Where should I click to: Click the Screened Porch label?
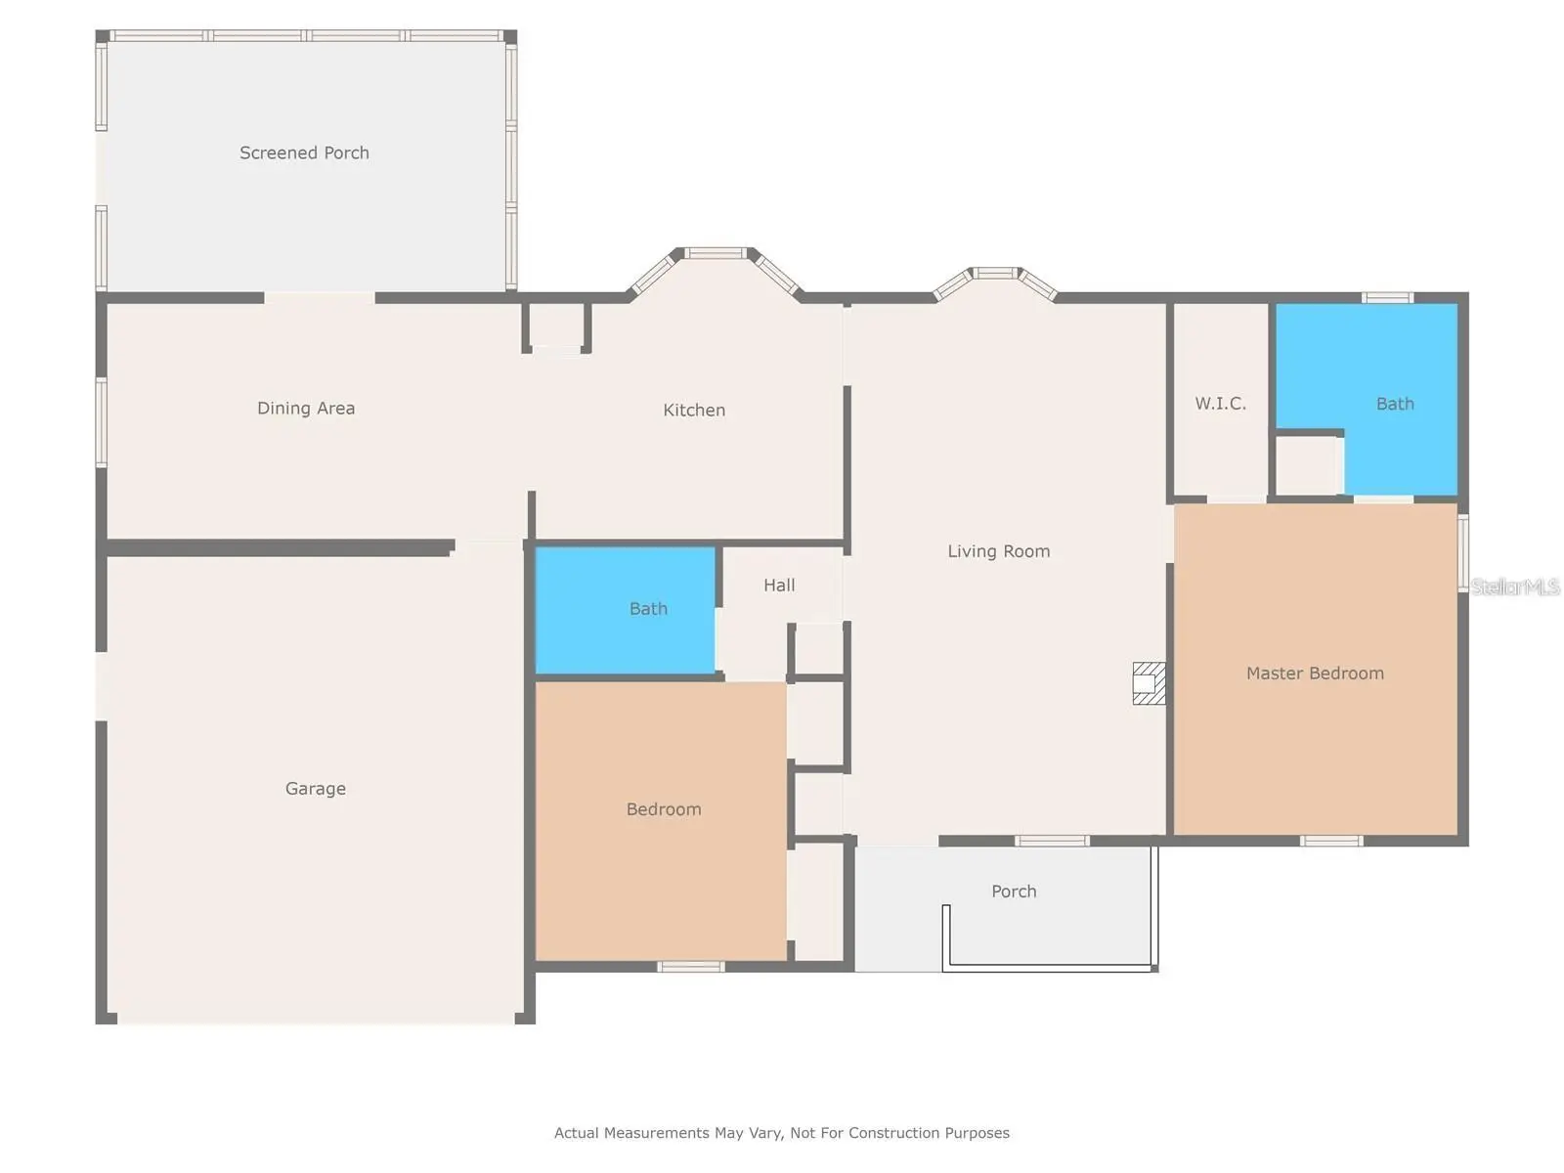[x=304, y=153]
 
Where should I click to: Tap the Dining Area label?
[x=306, y=408]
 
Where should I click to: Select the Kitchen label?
[x=694, y=411]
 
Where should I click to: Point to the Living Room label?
[x=998, y=551]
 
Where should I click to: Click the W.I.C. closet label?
[x=1221, y=404]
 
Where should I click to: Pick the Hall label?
[x=779, y=586]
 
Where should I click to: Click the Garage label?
[x=316, y=789]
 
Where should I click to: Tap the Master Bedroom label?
[x=1315, y=673]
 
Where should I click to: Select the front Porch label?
[x=1014, y=891]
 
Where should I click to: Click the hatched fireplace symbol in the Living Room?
[x=1149, y=683]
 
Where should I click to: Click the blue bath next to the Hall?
[x=625, y=610]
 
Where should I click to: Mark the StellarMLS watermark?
[x=1515, y=586]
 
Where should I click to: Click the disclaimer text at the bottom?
[x=782, y=1132]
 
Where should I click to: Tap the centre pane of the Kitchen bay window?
[x=716, y=253]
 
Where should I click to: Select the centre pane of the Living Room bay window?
[x=995, y=273]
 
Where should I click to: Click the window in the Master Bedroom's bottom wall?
[x=1331, y=841]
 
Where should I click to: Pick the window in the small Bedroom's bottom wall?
[x=690, y=967]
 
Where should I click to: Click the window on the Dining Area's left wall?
[x=102, y=422]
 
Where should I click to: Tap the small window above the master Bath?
[x=1387, y=298]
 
